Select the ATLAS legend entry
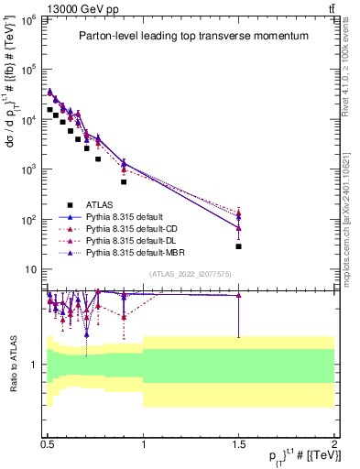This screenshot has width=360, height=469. click(x=100, y=204)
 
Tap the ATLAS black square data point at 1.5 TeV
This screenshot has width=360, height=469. click(x=238, y=246)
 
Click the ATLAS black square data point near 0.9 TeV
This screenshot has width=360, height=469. click(x=124, y=181)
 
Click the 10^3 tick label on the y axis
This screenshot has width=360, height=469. click(x=29, y=169)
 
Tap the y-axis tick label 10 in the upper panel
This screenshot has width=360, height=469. click(x=32, y=269)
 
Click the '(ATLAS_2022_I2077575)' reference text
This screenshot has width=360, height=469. click(x=191, y=274)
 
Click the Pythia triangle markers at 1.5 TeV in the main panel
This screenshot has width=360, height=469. click(x=238, y=216)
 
